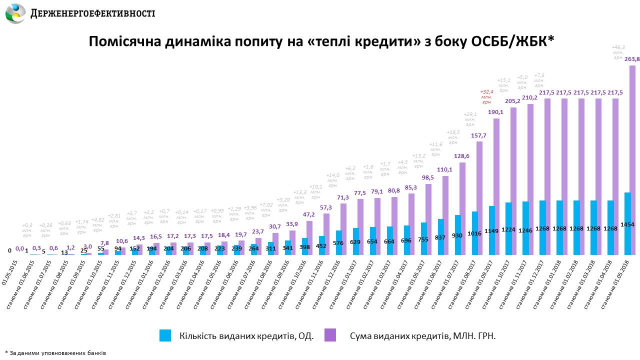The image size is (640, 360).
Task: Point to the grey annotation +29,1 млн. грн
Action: pyautogui.click(x=470, y=120)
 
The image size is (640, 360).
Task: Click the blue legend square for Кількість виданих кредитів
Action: pyautogui.click(x=165, y=335)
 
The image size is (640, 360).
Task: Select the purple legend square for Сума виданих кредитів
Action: pyautogui.click(x=330, y=335)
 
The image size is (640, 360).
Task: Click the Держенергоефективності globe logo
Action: pyautogui.click(x=15, y=13)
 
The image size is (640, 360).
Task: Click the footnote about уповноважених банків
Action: pyautogui.click(x=55, y=352)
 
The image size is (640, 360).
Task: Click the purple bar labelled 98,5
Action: pyautogui.click(x=428, y=219)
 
